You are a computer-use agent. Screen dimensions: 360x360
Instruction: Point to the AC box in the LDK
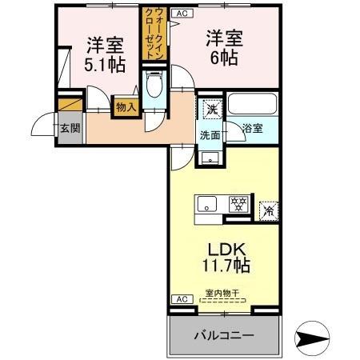[x=181, y=299]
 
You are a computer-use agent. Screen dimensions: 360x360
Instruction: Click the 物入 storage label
[x=126, y=106]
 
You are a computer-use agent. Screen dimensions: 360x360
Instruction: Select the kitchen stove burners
[x=238, y=205]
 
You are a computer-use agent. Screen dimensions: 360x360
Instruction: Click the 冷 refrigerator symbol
[x=270, y=210]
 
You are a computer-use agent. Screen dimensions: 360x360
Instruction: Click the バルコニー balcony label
[x=224, y=335]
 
